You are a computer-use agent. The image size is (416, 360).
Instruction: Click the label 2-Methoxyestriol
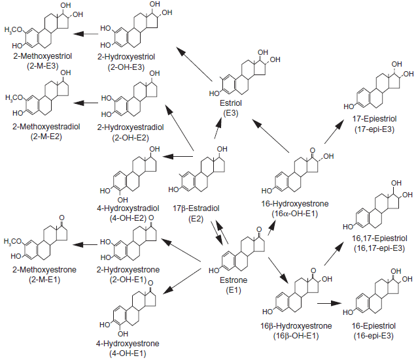click(x=43, y=56)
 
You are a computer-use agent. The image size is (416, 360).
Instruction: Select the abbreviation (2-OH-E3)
click(x=126, y=67)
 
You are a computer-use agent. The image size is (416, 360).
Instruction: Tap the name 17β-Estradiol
click(x=196, y=208)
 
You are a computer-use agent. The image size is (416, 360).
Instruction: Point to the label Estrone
click(x=234, y=280)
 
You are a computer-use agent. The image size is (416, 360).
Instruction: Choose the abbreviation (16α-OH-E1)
click(x=294, y=214)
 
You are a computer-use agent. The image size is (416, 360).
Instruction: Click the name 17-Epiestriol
click(x=374, y=119)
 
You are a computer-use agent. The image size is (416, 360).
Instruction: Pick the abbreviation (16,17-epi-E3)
click(x=379, y=248)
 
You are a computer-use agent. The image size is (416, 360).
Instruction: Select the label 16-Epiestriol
click(x=373, y=326)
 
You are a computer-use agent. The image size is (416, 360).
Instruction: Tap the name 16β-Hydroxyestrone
click(x=296, y=326)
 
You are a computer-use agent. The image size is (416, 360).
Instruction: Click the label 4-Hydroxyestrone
click(x=128, y=344)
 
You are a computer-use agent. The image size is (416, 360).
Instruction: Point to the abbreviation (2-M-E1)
click(x=44, y=280)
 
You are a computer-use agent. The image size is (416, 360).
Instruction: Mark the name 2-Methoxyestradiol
click(x=46, y=127)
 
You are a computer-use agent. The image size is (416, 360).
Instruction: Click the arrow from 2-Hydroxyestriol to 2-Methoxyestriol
click(x=86, y=34)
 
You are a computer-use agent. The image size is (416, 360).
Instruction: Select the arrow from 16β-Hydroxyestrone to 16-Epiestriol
click(x=329, y=303)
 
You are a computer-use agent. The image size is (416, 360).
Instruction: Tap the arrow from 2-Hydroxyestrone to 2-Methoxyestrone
click(x=85, y=245)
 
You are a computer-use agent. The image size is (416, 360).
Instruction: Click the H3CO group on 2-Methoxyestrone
click(x=12, y=242)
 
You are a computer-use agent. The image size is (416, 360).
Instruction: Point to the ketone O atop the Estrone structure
click(x=259, y=229)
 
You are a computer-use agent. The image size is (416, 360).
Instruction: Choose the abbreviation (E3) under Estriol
click(x=231, y=113)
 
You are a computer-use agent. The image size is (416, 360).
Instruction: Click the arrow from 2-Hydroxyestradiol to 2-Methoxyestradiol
click(x=86, y=103)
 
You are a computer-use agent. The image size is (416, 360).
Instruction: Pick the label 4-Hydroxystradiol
click(x=128, y=208)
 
